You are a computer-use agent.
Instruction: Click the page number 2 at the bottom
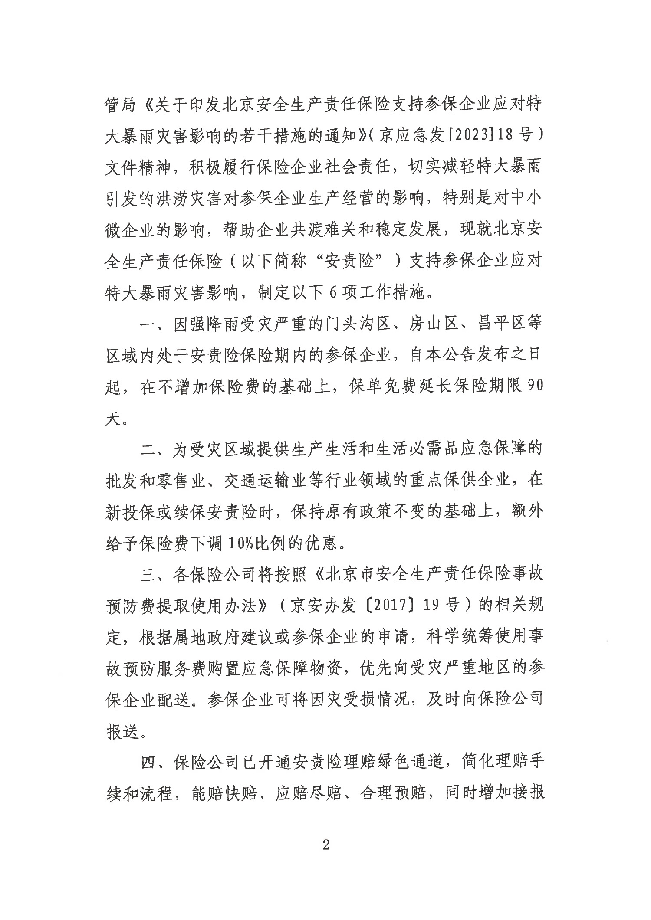pos(326,845)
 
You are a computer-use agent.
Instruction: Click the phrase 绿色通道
pos(408,761)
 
